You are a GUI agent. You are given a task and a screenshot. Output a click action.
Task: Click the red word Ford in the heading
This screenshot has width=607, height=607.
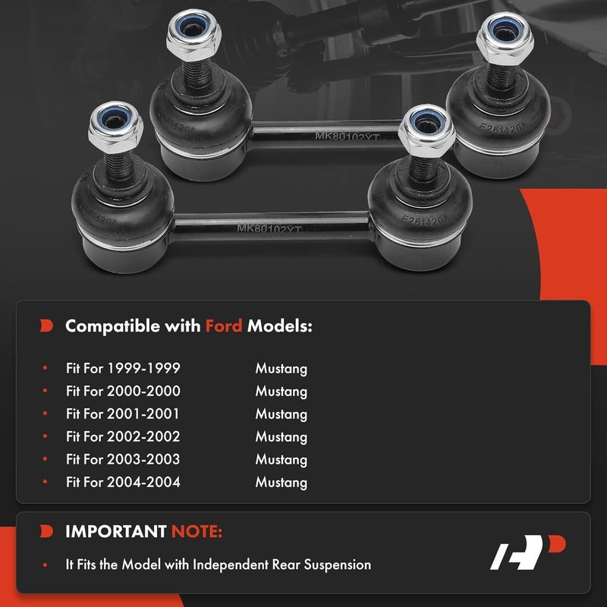pos(224,326)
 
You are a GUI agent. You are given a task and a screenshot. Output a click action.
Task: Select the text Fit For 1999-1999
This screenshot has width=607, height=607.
pos(123,370)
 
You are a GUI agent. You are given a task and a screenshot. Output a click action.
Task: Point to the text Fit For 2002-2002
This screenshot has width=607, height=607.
pos(123,437)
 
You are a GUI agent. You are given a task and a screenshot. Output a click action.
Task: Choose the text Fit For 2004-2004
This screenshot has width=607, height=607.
pos(123,483)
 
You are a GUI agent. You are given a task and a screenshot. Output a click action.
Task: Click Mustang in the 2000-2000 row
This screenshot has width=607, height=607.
pos(281,392)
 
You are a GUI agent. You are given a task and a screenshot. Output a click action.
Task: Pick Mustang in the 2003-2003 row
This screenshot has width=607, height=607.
pos(281,460)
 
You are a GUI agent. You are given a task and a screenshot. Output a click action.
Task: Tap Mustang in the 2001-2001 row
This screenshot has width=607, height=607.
pos(281,414)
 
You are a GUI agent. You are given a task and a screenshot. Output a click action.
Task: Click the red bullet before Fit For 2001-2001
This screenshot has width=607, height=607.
pos(46,415)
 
